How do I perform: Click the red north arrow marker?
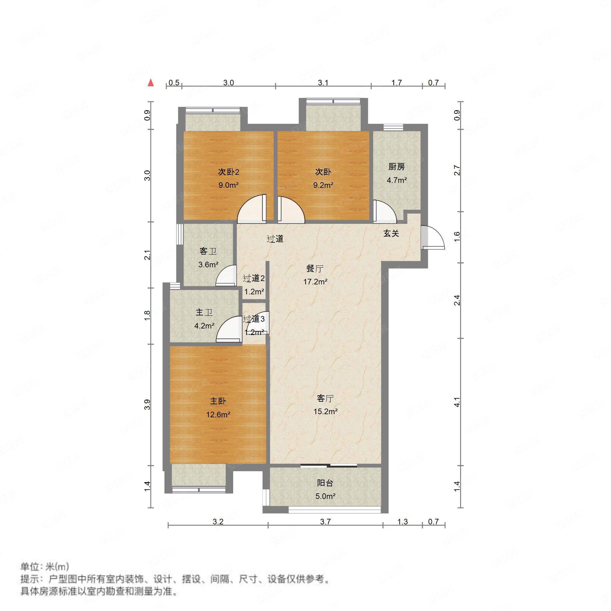[x=151, y=83]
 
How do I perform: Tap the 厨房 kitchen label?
[x=396, y=167]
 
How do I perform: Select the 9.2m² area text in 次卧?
[x=323, y=185]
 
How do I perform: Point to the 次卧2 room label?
[x=228, y=172]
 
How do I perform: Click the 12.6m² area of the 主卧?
[x=218, y=414]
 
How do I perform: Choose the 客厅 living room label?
[x=325, y=398]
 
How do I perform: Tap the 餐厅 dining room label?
[x=315, y=269]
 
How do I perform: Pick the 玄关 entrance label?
[x=391, y=233]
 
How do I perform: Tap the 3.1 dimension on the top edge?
[x=323, y=83]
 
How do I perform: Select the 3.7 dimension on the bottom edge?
[x=325, y=522]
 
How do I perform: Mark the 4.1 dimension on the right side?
[x=457, y=402]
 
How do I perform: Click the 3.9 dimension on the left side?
[x=147, y=405]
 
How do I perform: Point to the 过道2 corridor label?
[x=254, y=278]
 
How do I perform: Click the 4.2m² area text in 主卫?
[x=204, y=326]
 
